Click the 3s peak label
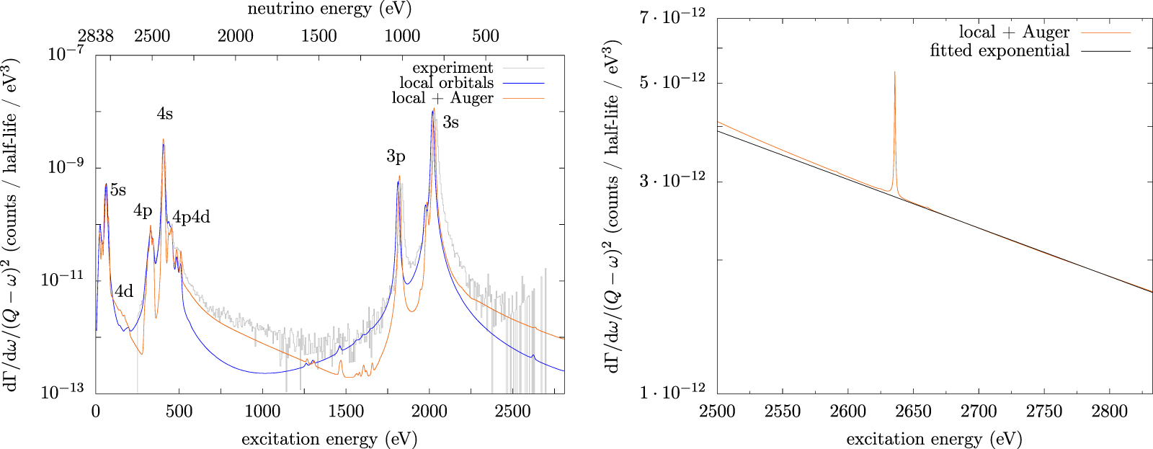click(450, 122)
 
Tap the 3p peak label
click(396, 156)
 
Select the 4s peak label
click(164, 114)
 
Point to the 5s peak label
click(118, 190)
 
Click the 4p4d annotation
click(191, 217)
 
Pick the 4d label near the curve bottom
click(124, 291)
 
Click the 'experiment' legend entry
click(453, 68)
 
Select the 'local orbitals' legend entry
click(446, 83)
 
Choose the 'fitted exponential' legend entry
click(1000, 50)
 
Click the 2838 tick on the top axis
click(96, 36)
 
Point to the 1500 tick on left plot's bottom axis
click(346, 412)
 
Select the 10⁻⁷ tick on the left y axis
click(66, 54)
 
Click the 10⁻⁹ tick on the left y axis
click(66, 166)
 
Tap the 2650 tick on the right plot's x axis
click(913, 412)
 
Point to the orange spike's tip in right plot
click(894, 71)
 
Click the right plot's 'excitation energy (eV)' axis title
click(934, 439)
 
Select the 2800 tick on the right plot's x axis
click(1109, 412)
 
